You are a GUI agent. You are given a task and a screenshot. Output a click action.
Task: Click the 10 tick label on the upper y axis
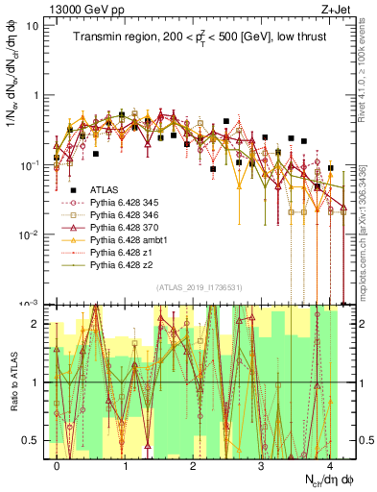[x=31, y=26]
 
